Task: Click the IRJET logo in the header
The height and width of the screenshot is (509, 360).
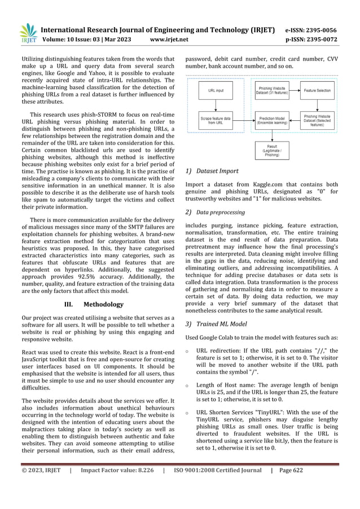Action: [x=28, y=34]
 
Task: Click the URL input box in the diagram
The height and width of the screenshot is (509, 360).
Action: [x=216, y=90]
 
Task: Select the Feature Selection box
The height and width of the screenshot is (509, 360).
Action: [x=318, y=90]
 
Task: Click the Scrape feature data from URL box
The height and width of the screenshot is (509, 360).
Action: [x=216, y=119]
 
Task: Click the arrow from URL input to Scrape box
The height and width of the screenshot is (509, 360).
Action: [x=216, y=104]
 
